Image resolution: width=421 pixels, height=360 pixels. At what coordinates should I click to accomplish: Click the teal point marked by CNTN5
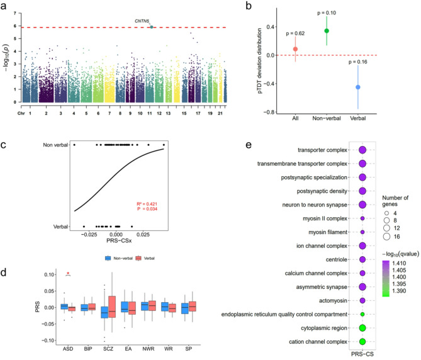(x=152, y=27)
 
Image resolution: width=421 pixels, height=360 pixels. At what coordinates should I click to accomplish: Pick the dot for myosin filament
(x=362, y=232)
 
